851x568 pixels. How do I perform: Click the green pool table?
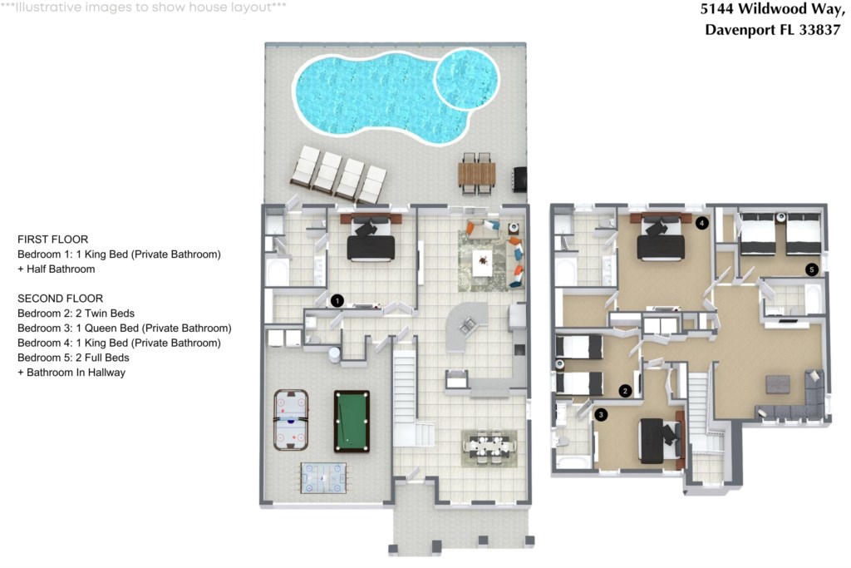click(x=349, y=422)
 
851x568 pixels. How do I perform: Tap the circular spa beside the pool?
click(x=467, y=79)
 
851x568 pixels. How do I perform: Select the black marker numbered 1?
click(x=337, y=300)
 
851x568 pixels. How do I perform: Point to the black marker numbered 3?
click(x=601, y=413)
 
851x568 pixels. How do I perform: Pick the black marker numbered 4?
click(x=702, y=223)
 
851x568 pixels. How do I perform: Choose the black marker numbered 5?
click(x=811, y=269)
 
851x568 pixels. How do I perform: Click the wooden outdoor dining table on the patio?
click(x=476, y=174)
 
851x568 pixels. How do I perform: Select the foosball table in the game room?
click(x=323, y=478)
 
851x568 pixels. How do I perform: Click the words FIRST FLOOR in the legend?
click(x=52, y=240)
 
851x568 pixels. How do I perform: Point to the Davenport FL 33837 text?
click(x=773, y=30)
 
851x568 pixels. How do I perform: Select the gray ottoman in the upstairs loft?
click(x=778, y=383)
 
